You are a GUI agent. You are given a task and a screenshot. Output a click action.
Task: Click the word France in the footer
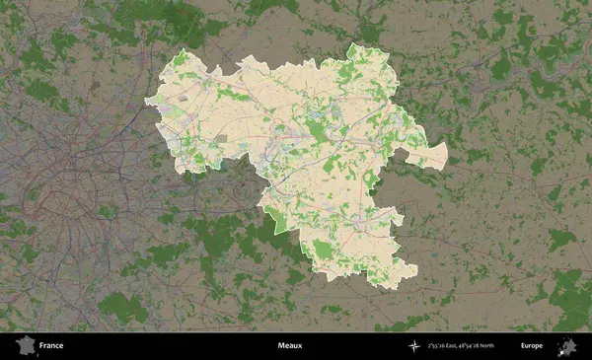point(52,346)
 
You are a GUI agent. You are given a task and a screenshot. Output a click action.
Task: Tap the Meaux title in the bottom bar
point(289,346)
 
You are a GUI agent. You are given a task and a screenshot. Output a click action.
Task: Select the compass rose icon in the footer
point(416,346)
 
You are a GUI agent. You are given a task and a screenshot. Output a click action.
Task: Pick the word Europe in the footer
point(532,346)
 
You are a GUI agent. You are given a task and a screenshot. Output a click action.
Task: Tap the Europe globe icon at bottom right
point(568,345)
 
